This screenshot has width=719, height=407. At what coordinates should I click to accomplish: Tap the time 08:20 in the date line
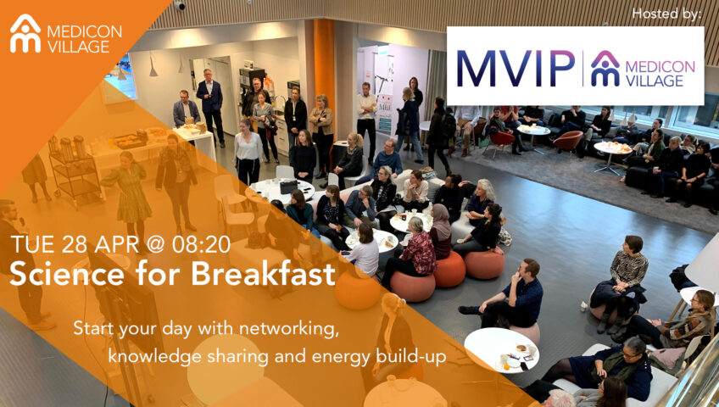[201, 244]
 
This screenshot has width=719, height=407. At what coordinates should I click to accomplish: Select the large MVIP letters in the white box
[515, 68]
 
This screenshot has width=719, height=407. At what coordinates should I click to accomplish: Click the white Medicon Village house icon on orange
[25, 33]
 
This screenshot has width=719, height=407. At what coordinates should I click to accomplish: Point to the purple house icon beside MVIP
[605, 69]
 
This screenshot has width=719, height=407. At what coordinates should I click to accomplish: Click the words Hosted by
[666, 14]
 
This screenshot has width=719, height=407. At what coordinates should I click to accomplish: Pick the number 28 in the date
[75, 244]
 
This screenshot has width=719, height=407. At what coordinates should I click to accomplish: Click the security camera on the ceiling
[179, 5]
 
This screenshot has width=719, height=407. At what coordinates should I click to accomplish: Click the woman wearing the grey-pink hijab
[440, 231]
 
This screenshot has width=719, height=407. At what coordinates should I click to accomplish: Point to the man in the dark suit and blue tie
[210, 105]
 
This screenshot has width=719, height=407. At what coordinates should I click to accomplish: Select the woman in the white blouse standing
[248, 151]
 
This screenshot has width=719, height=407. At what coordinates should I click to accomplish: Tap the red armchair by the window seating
[568, 141]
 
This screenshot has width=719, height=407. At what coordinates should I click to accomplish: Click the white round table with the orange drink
[501, 349]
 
